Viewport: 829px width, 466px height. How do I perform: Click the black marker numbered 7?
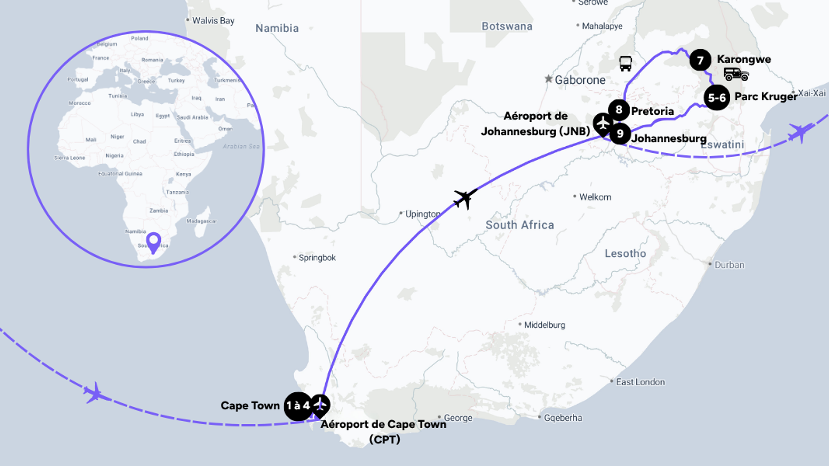pos(700,60)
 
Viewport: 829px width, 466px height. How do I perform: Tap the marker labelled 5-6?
pos(717,98)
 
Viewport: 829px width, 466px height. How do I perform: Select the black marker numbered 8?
pos(619,110)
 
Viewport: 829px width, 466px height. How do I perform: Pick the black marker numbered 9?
pos(620,134)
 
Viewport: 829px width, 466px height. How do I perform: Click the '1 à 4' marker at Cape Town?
pos(298,406)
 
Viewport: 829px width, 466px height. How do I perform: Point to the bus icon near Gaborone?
pos(625,63)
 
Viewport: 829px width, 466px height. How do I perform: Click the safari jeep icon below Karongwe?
pos(736,74)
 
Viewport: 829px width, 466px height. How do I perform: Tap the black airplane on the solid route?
pos(465,198)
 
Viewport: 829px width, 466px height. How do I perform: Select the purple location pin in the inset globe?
pos(154,242)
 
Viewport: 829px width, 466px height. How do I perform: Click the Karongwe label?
pos(744,59)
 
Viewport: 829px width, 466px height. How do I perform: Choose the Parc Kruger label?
pos(766,97)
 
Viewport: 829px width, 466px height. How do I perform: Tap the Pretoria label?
pos(652,111)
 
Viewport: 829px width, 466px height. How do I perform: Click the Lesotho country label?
pos(625,254)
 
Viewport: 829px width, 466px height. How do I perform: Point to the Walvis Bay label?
pos(213,21)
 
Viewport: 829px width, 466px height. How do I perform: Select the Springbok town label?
pos(317,258)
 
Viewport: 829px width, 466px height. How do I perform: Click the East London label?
pos(640,382)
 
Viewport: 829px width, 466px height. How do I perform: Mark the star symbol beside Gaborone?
pos(548,79)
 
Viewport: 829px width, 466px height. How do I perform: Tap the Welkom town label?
pos(595,197)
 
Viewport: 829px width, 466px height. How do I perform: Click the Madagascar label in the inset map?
pos(201,221)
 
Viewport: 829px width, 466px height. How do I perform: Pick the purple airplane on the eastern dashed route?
pos(800,132)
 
